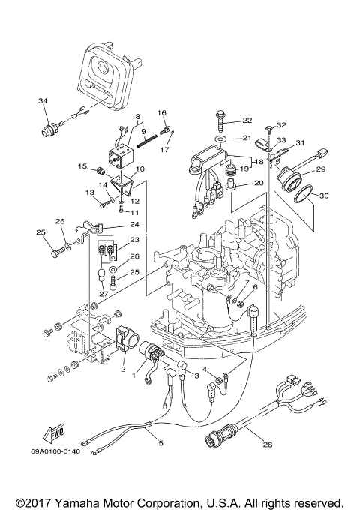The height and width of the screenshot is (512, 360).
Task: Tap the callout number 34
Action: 42,100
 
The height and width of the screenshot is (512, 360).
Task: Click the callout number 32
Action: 282,125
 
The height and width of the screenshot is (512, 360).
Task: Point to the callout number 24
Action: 134,224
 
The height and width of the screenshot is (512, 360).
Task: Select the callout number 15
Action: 83,166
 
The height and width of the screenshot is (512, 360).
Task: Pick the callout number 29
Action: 320,170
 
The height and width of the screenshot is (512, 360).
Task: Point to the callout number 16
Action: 161,112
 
